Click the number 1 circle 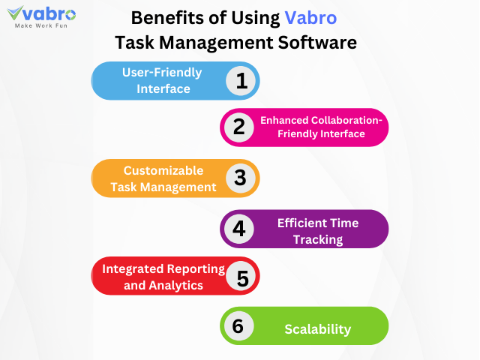[241, 80]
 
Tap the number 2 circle [238, 127]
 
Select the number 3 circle [240, 178]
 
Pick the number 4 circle [238, 228]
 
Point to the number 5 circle [241, 277]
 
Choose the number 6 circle [237, 326]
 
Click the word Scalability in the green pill [318, 329]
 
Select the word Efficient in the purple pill [301, 223]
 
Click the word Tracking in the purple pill [318, 240]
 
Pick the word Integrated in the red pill [133, 268]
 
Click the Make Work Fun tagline [42, 25]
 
